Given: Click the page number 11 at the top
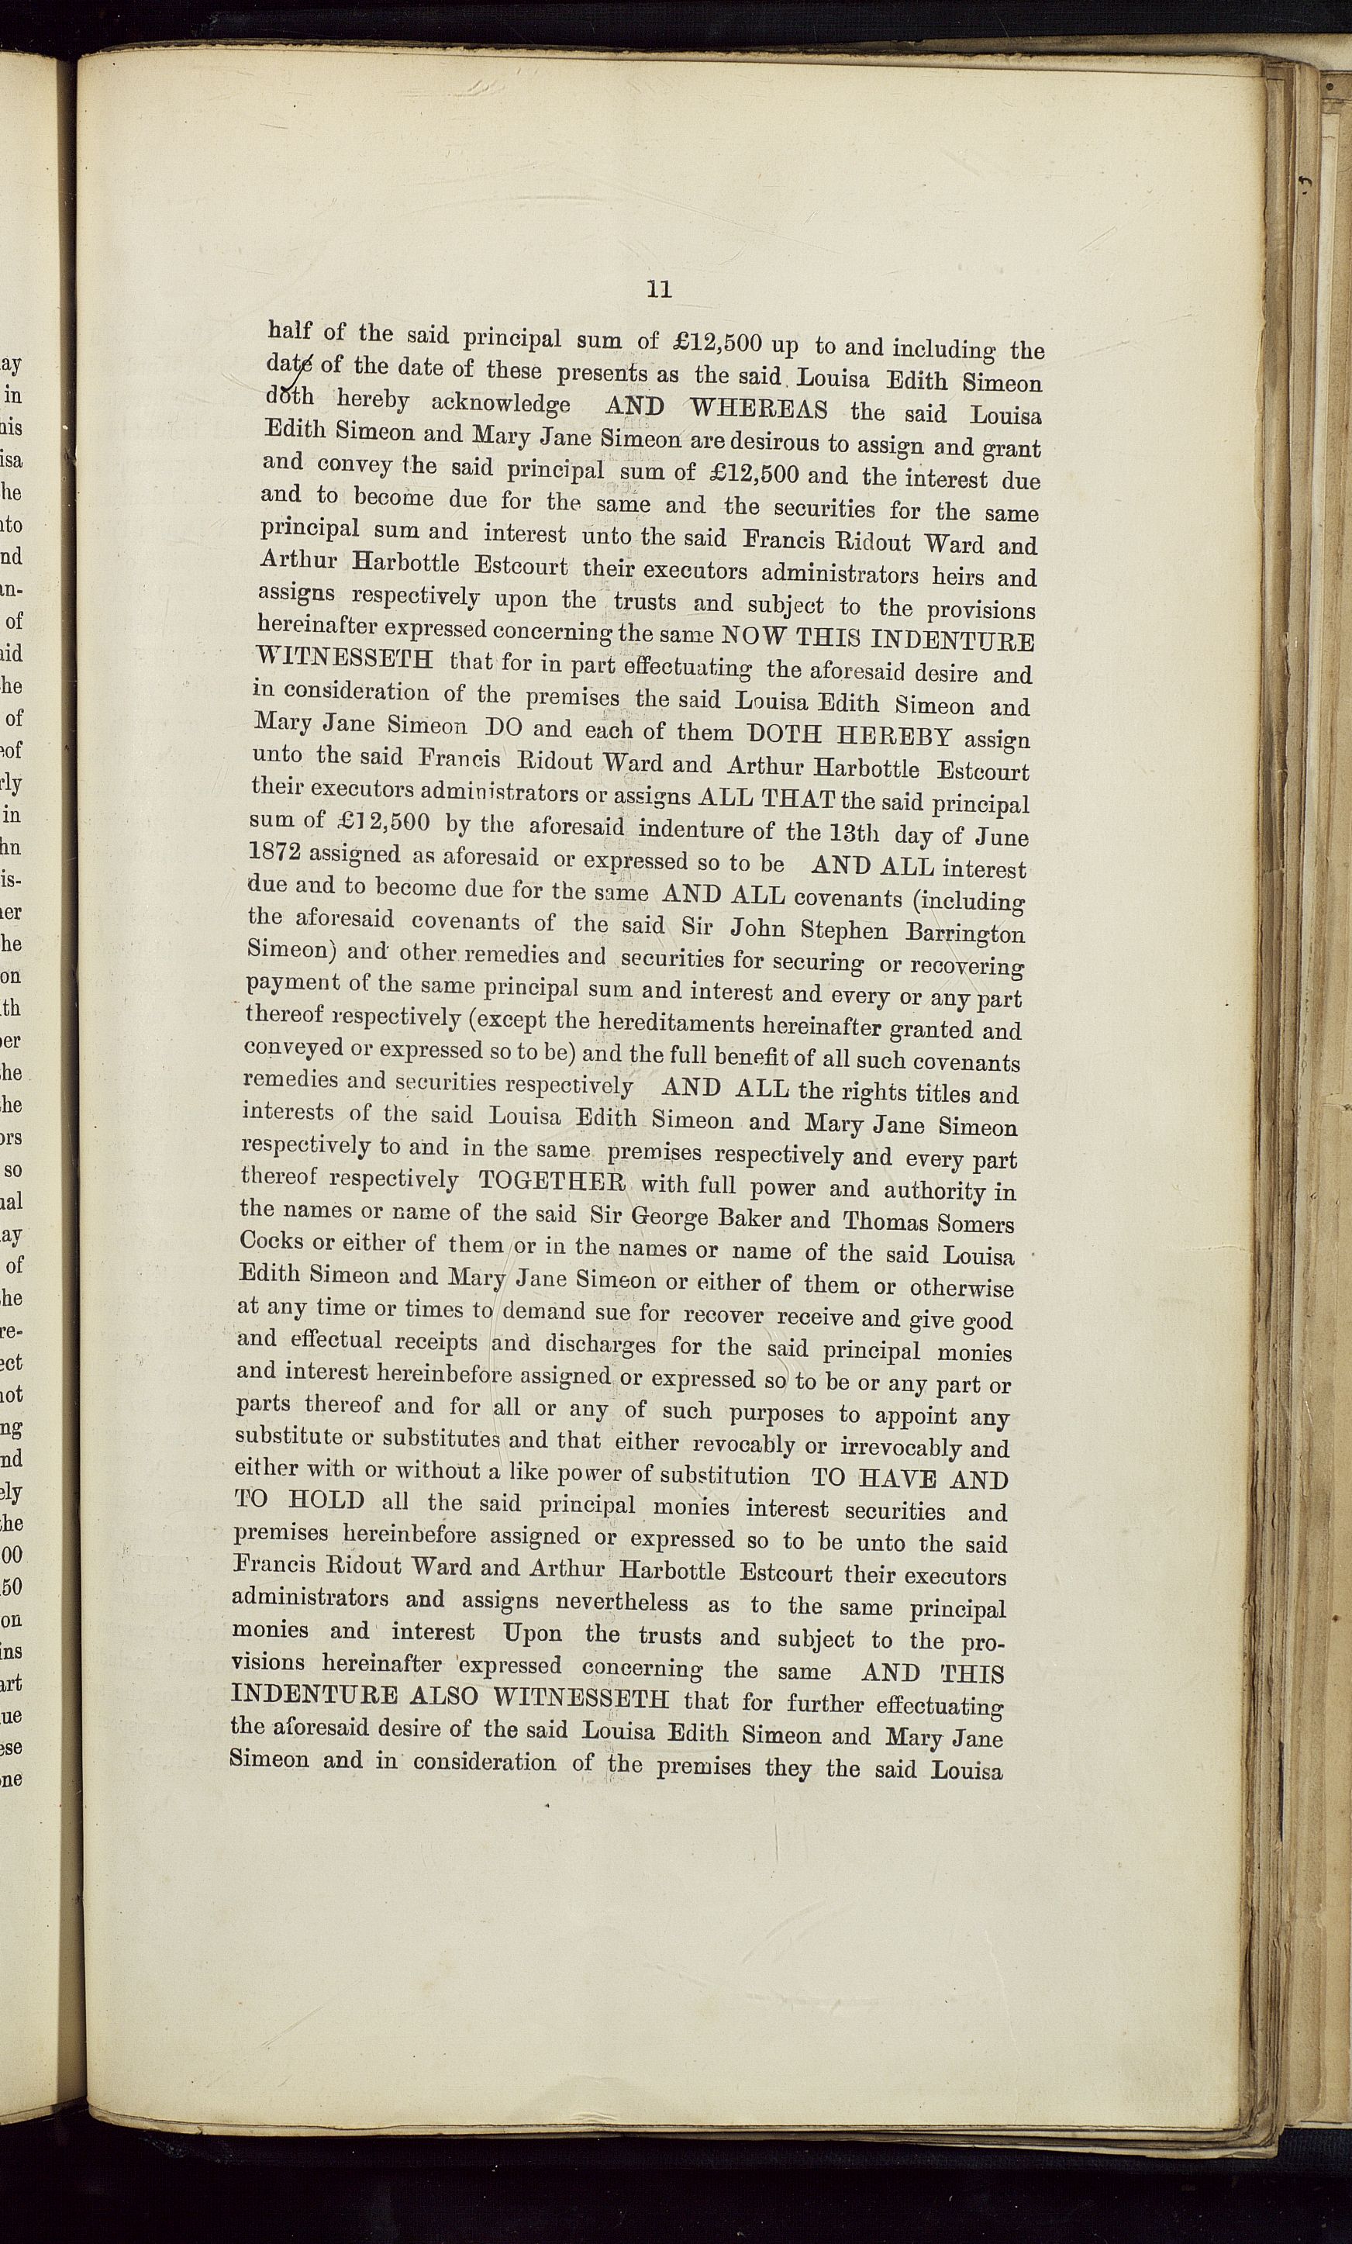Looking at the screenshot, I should pos(659,289).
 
